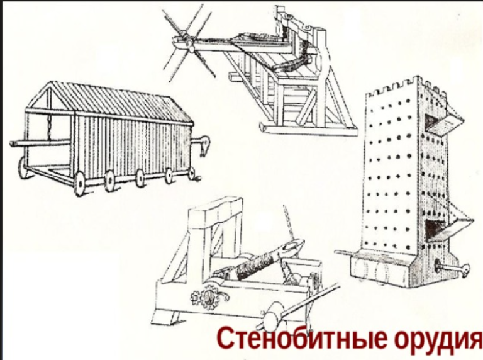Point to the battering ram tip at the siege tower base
point(464,267)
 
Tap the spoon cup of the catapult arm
point(292,246)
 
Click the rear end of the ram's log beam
point(13,143)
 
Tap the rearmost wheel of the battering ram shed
point(24,168)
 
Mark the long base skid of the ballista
point(308,129)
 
